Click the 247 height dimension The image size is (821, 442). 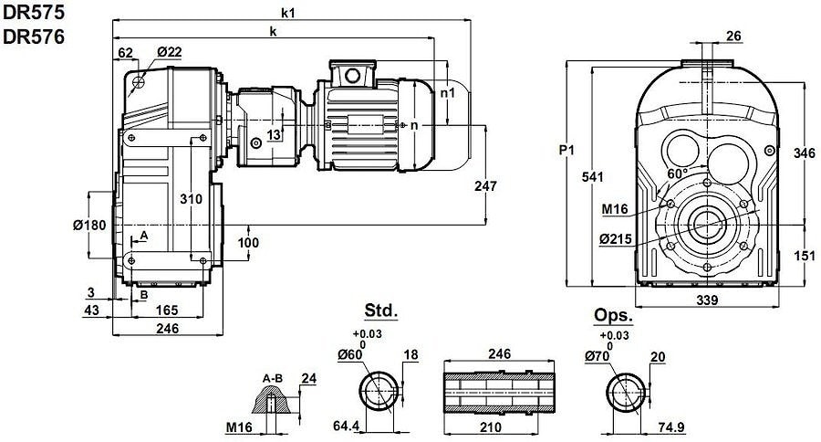pyautogui.click(x=485, y=185)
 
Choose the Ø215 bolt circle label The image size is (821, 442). pyautogui.click(x=618, y=239)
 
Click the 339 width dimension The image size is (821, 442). pyautogui.click(x=707, y=300)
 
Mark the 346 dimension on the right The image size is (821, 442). pyautogui.click(x=803, y=153)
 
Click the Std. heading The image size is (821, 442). pyautogui.click(x=381, y=310)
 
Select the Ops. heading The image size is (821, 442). pyautogui.click(x=613, y=315)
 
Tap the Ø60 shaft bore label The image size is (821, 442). pyautogui.click(x=350, y=353)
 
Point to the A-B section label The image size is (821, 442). pyautogui.click(x=271, y=376)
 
